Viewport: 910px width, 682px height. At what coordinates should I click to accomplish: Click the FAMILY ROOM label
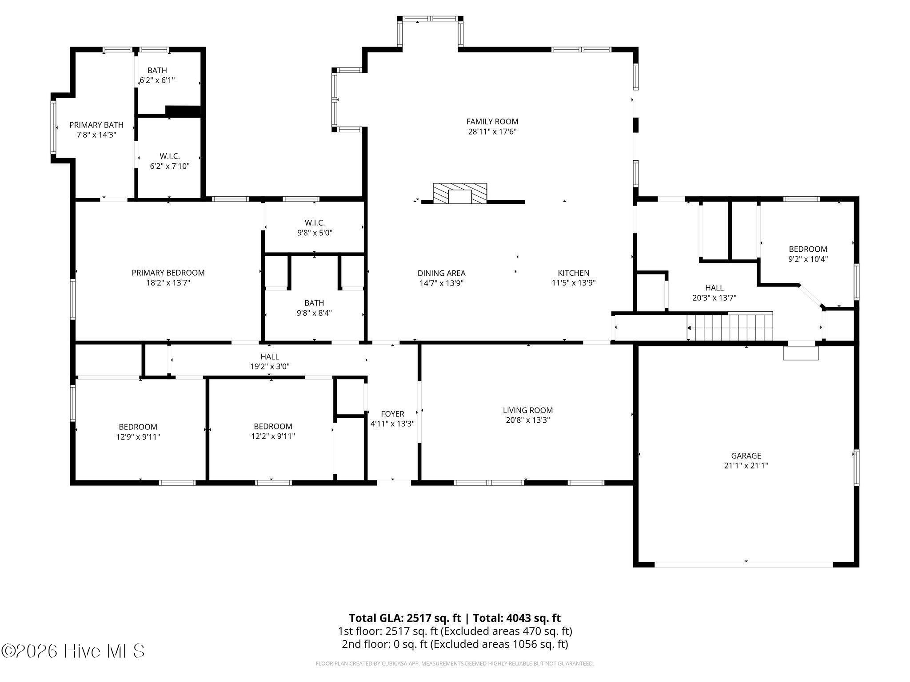(x=492, y=121)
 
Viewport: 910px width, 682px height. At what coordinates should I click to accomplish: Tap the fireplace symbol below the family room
(x=460, y=194)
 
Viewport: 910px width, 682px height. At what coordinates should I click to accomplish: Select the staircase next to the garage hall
(x=730, y=326)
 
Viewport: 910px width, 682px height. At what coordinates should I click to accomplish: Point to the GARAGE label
(x=746, y=456)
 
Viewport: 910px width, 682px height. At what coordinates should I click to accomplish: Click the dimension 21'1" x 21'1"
(x=746, y=465)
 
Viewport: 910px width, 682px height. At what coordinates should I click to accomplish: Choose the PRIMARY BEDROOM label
(x=168, y=273)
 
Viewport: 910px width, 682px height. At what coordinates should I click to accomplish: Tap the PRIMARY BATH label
(x=96, y=125)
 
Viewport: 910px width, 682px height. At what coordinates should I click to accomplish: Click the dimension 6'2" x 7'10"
(x=170, y=166)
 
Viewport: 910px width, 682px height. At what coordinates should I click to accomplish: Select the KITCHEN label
(x=574, y=273)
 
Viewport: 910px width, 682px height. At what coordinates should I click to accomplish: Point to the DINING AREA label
(x=441, y=273)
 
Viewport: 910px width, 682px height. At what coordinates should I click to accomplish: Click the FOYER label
(x=392, y=414)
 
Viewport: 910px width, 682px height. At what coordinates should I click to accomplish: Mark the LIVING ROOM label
(x=528, y=410)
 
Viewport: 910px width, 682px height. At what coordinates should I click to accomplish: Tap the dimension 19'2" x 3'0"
(x=270, y=366)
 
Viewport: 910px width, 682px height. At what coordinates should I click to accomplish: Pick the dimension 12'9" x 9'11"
(x=138, y=437)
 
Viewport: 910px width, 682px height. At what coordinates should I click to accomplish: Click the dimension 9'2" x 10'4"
(x=808, y=259)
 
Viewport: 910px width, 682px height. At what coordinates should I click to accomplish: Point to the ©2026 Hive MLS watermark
(x=73, y=651)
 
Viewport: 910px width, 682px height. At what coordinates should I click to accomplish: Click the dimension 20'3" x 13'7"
(x=714, y=298)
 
